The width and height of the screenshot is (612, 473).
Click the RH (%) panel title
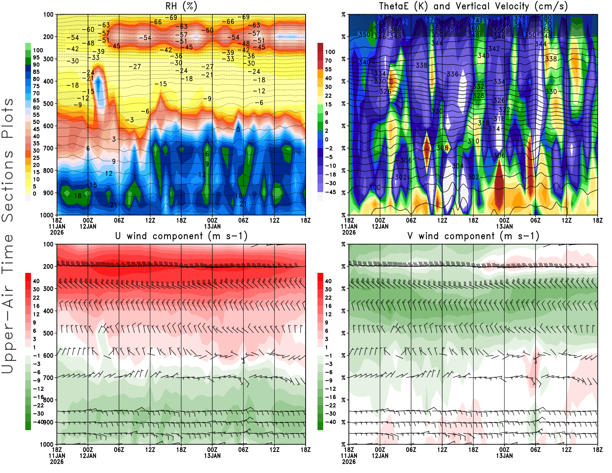tap(181, 7)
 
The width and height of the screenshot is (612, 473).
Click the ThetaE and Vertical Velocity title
tap(473, 7)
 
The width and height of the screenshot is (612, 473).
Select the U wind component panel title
tap(181, 236)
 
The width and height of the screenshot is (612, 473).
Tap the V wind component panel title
tap(473, 236)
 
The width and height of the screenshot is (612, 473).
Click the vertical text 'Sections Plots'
tap(8, 160)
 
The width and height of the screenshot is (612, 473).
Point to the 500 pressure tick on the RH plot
tap(49, 104)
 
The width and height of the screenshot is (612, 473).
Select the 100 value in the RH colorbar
tap(38, 51)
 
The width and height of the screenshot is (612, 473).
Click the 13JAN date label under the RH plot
tap(212, 227)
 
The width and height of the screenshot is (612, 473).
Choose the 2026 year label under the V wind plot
tap(349, 462)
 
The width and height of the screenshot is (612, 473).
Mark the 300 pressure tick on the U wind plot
tap(49, 289)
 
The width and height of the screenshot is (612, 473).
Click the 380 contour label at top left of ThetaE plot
tap(385, 18)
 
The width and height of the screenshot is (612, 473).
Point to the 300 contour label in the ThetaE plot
tap(375, 188)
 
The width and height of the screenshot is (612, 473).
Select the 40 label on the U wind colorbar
tap(36, 281)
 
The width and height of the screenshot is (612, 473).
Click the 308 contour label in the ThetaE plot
tap(442, 148)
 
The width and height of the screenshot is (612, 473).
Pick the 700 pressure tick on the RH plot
tap(49, 148)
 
